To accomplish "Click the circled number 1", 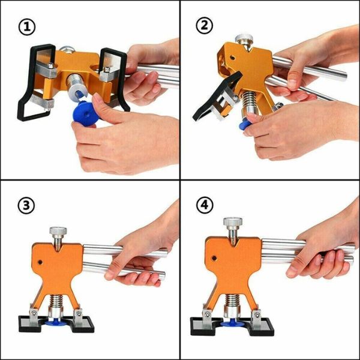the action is coord(27,27).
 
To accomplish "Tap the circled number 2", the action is coord(205,25).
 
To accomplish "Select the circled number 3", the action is coord(26,205).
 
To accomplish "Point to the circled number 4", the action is coord(205,205).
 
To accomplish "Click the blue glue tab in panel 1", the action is coord(85,114).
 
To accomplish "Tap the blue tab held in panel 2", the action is coord(245,124).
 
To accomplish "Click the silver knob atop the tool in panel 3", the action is coord(58,231).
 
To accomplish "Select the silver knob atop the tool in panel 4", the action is coord(233,221).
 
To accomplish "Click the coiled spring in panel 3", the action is coord(56,301).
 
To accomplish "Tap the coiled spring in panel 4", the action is coord(233,300).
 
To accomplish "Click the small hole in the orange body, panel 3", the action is coord(40,262).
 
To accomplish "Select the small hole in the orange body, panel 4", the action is coord(214,258).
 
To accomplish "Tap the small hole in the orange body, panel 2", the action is coord(232,58).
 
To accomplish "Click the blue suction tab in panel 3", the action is coord(56,323).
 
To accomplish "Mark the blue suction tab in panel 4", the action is coord(233,323).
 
